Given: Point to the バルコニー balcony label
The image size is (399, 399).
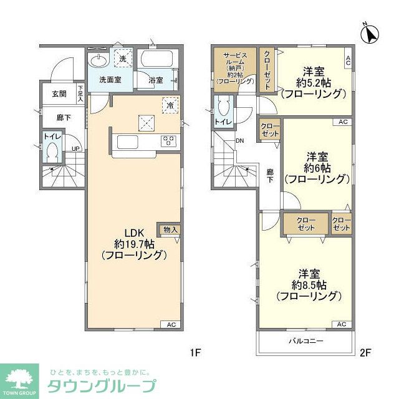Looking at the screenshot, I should pyautogui.click(x=305, y=341).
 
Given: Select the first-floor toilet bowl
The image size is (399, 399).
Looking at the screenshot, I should pyautogui.click(x=52, y=152).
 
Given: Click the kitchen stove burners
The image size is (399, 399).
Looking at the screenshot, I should pyautogui.click(x=168, y=142).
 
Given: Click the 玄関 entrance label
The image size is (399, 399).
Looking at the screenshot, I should pyautogui.click(x=59, y=94).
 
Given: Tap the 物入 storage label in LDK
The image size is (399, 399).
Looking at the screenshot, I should pyautogui.click(x=170, y=230).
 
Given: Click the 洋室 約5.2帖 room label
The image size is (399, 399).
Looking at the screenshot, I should pyautogui.click(x=312, y=82).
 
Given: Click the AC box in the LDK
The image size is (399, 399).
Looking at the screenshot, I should pyautogui.click(x=171, y=324).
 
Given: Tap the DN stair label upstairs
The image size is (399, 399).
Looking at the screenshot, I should pyautogui.click(x=239, y=140).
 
